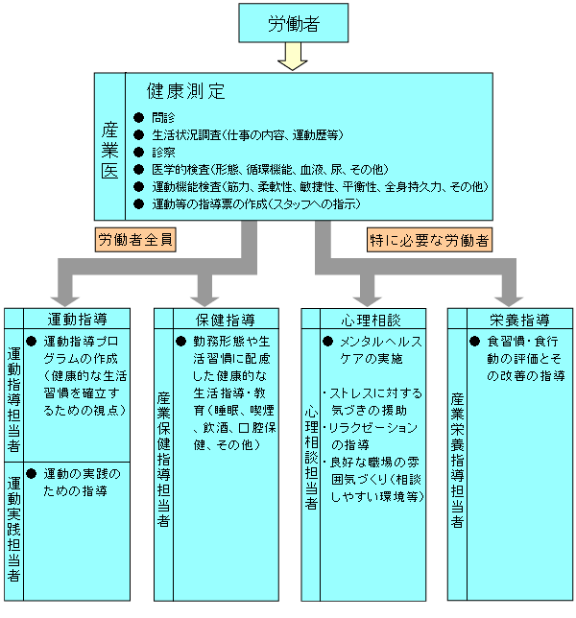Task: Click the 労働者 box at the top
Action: click(294, 23)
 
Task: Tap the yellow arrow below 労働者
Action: click(293, 57)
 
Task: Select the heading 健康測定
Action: click(186, 91)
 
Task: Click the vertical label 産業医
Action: click(109, 151)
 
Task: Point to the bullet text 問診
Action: click(163, 117)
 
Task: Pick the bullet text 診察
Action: click(163, 153)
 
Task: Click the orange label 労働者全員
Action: click(135, 240)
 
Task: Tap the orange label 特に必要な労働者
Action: click(429, 240)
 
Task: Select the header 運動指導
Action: click(77, 320)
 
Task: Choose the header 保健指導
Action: click(226, 320)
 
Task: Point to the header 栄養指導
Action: click(520, 321)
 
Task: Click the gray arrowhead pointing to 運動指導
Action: click(65, 301)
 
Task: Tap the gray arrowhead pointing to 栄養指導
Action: click(509, 301)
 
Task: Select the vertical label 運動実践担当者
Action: click(13, 529)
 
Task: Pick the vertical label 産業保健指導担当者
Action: click(163, 459)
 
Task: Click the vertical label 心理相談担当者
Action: click(311, 459)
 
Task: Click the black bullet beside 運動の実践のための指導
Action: click(31, 473)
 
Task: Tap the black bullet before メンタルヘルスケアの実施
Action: click(327, 342)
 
